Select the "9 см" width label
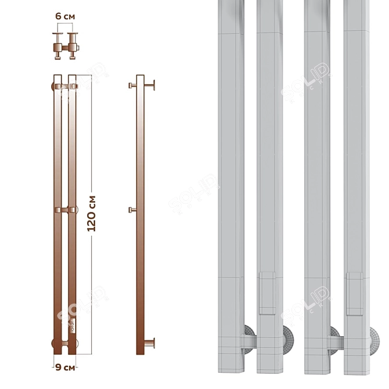click(x=64, y=367)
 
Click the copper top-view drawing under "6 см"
click(x=64, y=46)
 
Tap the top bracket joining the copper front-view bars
click(x=65, y=87)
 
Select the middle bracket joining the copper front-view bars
click(x=65, y=209)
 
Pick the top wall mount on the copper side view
click(x=150, y=86)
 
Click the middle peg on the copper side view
click(x=132, y=209)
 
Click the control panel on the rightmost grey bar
click(x=355, y=293)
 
